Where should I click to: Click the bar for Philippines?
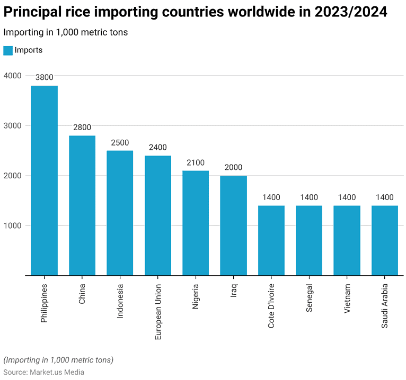point(44,180)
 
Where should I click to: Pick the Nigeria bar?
point(196,223)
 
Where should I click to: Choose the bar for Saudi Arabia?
point(385,240)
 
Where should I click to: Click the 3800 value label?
point(44,77)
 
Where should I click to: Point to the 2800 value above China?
point(82,128)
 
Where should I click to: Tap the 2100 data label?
point(196,162)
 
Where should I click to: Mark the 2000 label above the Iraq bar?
point(233,167)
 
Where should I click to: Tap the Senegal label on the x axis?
point(309,298)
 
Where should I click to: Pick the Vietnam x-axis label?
point(347,298)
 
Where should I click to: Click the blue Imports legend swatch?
point(8,50)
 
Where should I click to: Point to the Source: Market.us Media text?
point(44,372)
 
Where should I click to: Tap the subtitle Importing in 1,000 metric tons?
point(65,32)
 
